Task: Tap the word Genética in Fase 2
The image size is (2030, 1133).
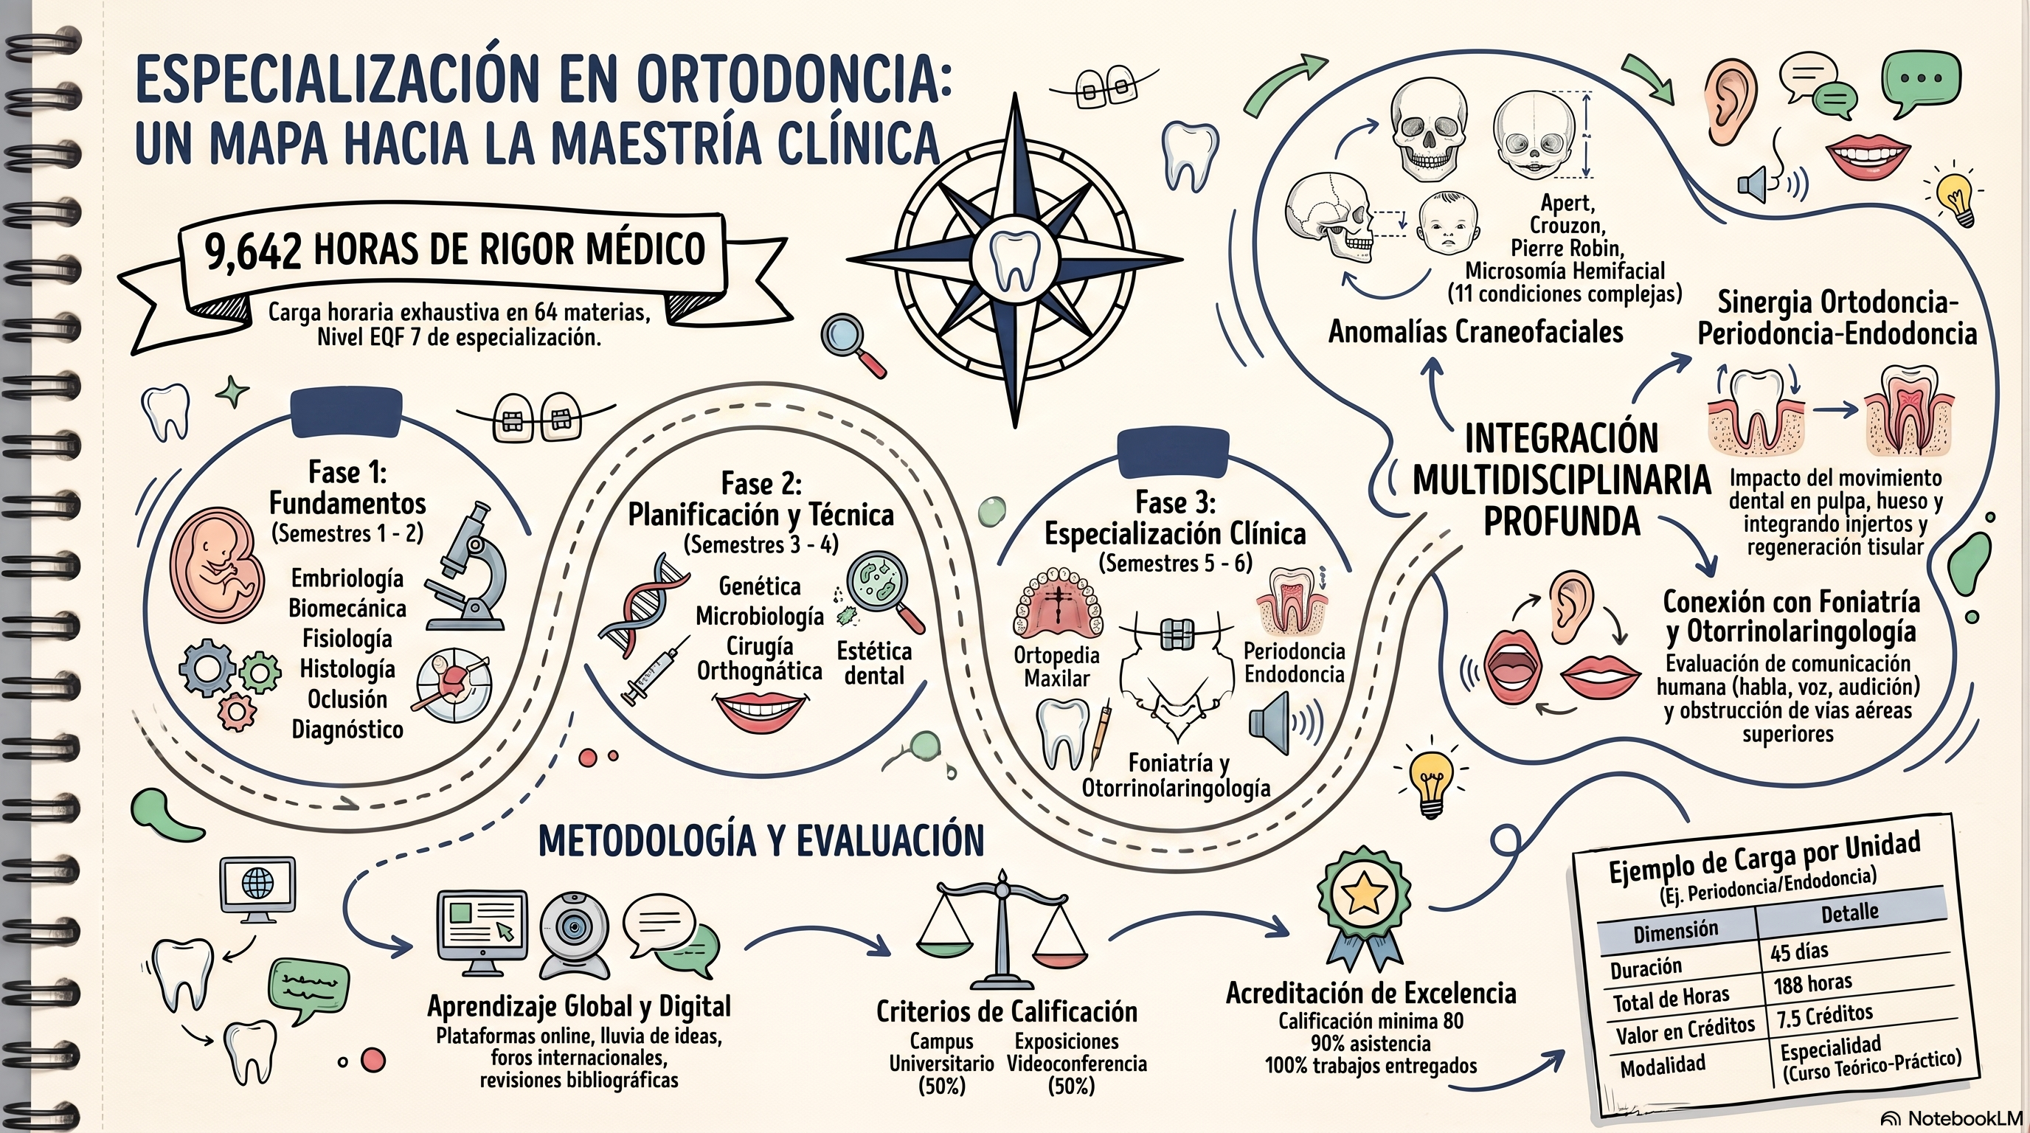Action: [760, 587]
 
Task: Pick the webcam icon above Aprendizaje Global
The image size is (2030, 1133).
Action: [574, 935]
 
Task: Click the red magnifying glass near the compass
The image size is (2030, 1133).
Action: [853, 345]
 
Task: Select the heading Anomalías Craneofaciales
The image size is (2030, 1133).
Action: [1475, 332]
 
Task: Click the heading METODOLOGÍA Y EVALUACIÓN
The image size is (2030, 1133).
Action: [761, 842]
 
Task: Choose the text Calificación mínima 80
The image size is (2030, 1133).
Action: [1371, 1021]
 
